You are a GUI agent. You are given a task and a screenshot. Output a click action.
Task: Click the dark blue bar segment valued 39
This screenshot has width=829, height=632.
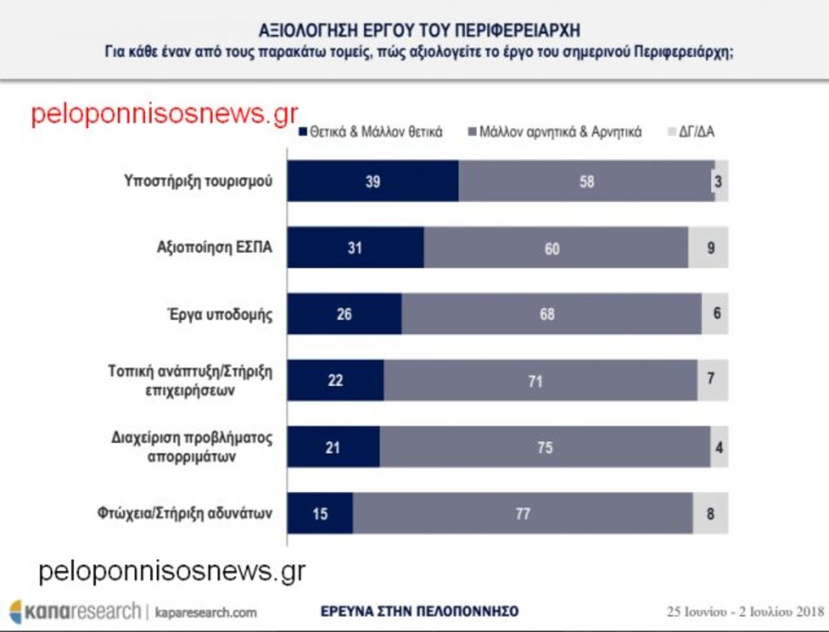[x=373, y=181]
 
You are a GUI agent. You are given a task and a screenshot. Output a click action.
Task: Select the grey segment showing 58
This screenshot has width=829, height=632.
[x=587, y=181]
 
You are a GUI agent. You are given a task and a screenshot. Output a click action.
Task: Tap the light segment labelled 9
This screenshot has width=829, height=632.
[x=709, y=247]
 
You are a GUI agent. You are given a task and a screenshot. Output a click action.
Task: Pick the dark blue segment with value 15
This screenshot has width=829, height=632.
[x=320, y=513]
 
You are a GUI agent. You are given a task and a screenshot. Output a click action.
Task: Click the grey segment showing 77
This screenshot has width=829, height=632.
[x=523, y=513]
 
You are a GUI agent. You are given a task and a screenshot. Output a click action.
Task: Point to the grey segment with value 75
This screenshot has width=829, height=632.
[x=544, y=447]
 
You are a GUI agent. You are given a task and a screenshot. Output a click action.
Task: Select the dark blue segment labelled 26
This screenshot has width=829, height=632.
[x=344, y=314]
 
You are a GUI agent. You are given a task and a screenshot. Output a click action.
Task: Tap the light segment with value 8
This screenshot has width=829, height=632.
[x=710, y=513]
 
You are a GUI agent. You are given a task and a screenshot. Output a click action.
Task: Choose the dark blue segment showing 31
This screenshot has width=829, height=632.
[x=356, y=247]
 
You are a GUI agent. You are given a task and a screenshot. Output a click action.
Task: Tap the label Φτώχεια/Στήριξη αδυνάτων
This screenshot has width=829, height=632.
[x=184, y=514]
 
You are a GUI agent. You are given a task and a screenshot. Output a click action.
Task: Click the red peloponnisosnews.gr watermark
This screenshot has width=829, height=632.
[x=164, y=115]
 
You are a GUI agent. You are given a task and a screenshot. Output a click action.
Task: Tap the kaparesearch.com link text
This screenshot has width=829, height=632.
[x=205, y=612]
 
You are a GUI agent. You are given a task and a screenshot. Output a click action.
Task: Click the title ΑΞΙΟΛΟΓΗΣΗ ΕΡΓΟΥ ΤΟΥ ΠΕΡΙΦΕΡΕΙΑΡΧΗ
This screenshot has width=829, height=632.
[x=419, y=30]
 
